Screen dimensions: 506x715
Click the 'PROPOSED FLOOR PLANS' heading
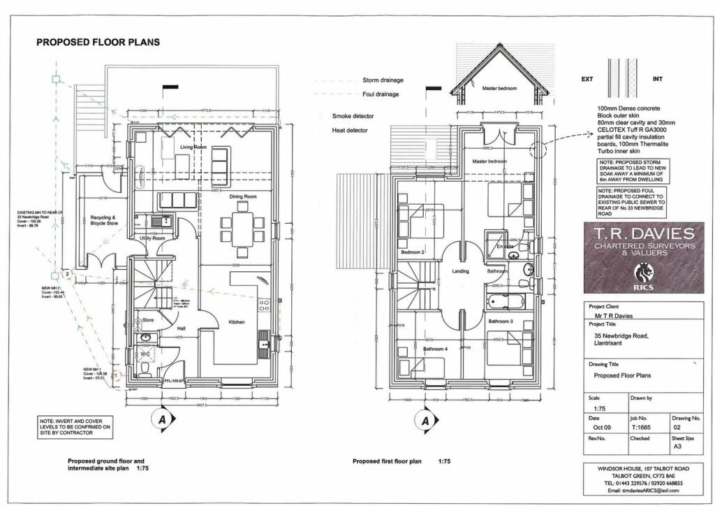pos(98,42)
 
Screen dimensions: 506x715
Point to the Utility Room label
pos(152,239)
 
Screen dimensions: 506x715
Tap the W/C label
pos(145,354)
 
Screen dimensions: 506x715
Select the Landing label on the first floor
pos(460,271)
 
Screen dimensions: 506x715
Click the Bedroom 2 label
pos(413,252)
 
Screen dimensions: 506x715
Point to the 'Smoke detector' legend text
pos(353,116)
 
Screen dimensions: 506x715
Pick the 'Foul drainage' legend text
pos(381,94)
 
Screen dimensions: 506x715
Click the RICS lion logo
pos(642,272)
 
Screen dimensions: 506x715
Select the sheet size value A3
pos(677,446)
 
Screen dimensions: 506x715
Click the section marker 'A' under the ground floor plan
pos(162,419)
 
